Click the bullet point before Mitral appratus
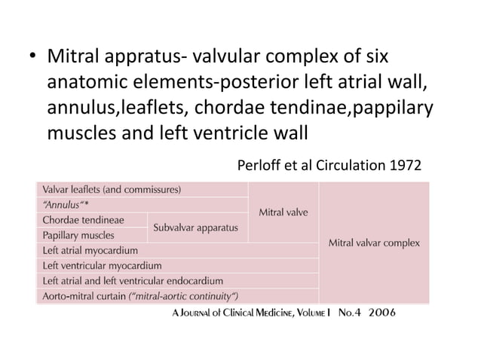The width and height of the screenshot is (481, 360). pos(32,58)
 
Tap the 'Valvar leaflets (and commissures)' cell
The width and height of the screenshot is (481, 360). pos(112,189)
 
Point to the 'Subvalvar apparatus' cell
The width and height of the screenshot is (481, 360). pos(196,227)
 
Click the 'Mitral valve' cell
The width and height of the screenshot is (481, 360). pos(283,212)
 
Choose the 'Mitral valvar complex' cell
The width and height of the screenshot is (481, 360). pos(375,243)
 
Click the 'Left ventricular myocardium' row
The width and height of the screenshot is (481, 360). pos(102,265)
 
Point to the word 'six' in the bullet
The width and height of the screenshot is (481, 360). pos(373,57)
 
